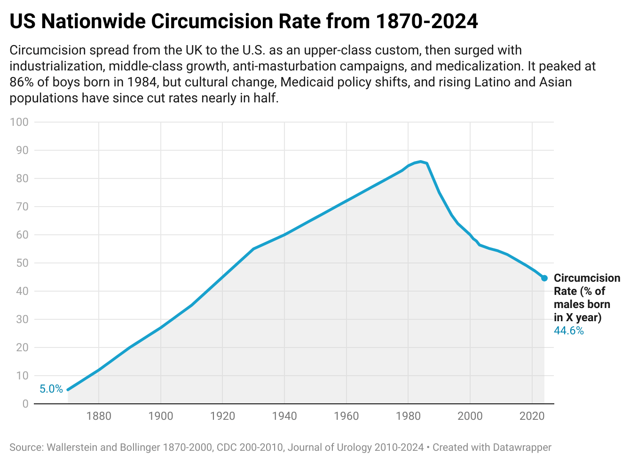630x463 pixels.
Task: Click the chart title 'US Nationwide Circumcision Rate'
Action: point(244,22)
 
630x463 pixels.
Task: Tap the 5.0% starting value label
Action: point(51,389)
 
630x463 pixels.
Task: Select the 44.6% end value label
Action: point(568,331)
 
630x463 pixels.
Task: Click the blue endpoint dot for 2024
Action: point(544,278)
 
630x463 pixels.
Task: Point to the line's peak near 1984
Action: point(420,162)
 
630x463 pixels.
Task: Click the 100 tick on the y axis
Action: point(19,122)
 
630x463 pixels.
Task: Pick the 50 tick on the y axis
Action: point(22,263)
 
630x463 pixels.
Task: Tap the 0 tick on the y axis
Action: point(25,404)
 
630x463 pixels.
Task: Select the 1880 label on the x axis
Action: point(99,416)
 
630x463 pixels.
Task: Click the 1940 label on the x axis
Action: point(284,416)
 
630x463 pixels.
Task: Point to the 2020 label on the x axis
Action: point(532,416)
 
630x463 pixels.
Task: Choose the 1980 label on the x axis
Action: point(408,416)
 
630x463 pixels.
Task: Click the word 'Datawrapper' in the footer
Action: point(522,447)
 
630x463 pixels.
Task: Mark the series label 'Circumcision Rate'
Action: point(587,285)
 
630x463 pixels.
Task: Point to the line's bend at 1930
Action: point(253,249)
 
